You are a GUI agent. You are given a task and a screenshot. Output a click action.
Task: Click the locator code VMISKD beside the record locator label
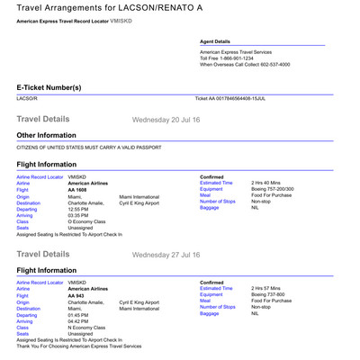coord(121,20)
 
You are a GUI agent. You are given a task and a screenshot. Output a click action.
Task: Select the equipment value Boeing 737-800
coord(271,294)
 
